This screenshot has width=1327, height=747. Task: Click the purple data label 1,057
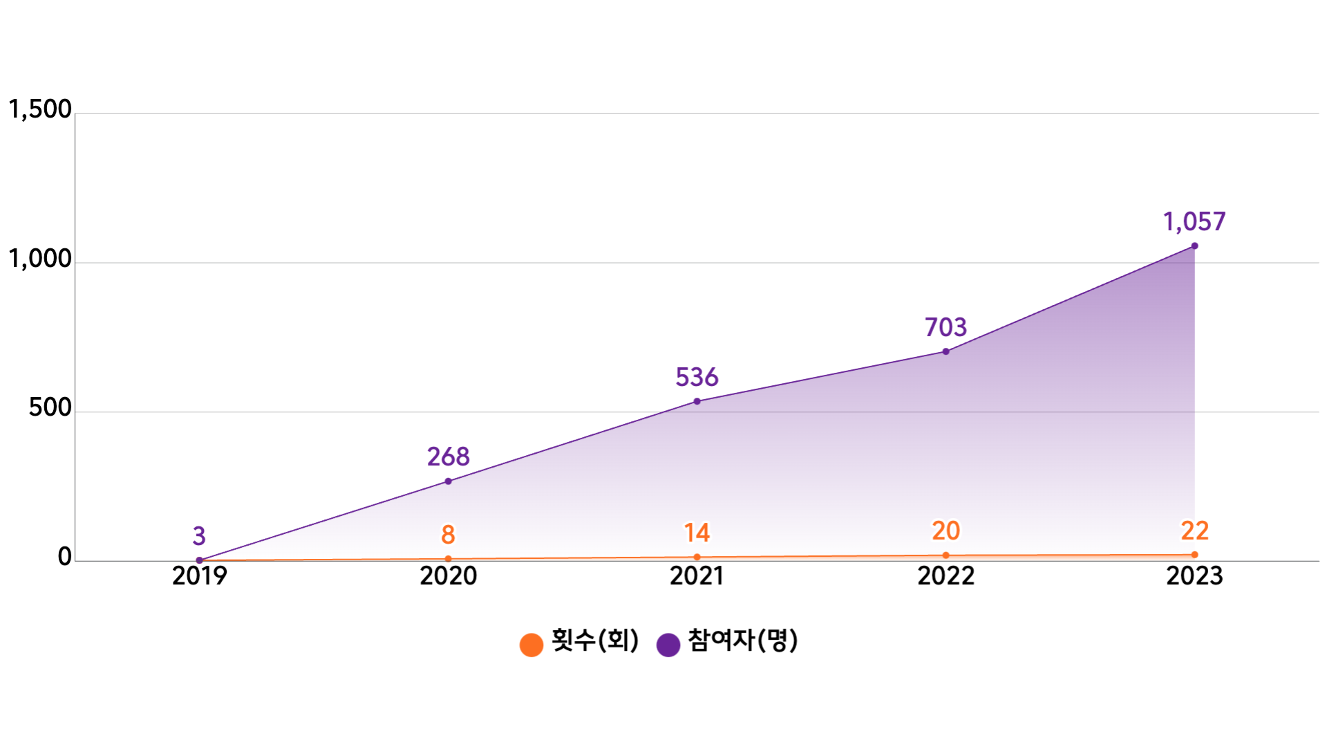click(1194, 222)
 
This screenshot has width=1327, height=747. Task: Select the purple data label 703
click(945, 327)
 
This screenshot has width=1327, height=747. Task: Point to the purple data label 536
click(697, 377)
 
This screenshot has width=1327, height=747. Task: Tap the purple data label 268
click(448, 456)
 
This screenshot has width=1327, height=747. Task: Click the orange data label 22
click(1194, 531)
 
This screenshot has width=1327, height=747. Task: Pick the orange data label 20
click(945, 531)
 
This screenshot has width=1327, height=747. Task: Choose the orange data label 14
click(697, 533)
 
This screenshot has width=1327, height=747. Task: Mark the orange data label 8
click(448, 535)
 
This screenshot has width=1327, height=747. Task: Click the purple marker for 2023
click(1194, 246)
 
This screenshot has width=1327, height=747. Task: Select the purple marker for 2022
click(945, 351)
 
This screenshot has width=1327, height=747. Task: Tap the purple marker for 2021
click(697, 401)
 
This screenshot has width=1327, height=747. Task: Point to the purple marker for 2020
click(448, 481)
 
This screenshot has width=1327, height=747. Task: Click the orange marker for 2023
click(1194, 555)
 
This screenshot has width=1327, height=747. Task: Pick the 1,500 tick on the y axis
click(40, 109)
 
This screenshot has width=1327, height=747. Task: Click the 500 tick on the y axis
click(50, 407)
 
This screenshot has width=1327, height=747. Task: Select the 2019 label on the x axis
click(199, 575)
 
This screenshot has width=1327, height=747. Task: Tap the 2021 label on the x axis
click(697, 575)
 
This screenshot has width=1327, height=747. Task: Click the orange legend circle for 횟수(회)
click(531, 645)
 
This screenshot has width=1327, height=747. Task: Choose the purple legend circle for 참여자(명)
click(668, 645)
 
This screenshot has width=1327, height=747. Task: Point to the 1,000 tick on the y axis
click(40, 259)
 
